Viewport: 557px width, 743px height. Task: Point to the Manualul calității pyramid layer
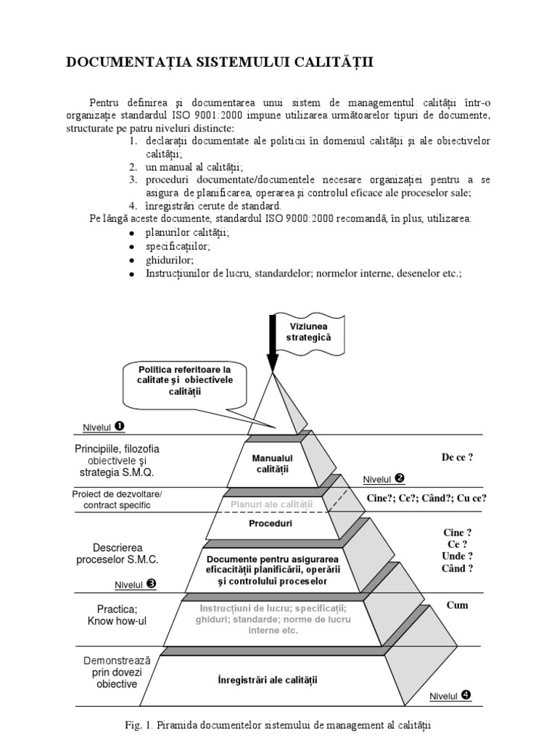pyautogui.click(x=272, y=464)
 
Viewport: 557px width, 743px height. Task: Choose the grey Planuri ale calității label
pyautogui.click(x=271, y=504)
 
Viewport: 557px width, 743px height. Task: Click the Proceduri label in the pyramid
pyautogui.click(x=271, y=523)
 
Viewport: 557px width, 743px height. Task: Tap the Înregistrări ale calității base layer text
pyautogui.click(x=268, y=680)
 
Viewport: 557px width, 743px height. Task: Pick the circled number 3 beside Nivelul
pyautogui.click(x=150, y=583)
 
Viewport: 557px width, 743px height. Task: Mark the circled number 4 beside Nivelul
pyautogui.click(x=465, y=694)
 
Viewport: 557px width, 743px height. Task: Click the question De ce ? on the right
pyautogui.click(x=457, y=457)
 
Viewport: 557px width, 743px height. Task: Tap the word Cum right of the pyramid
pyautogui.click(x=457, y=605)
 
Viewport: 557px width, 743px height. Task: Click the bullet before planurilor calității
pyautogui.click(x=131, y=234)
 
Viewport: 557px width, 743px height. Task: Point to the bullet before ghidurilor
pyautogui.click(x=131, y=260)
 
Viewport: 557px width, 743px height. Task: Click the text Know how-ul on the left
pyautogui.click(x=117, y=621)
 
